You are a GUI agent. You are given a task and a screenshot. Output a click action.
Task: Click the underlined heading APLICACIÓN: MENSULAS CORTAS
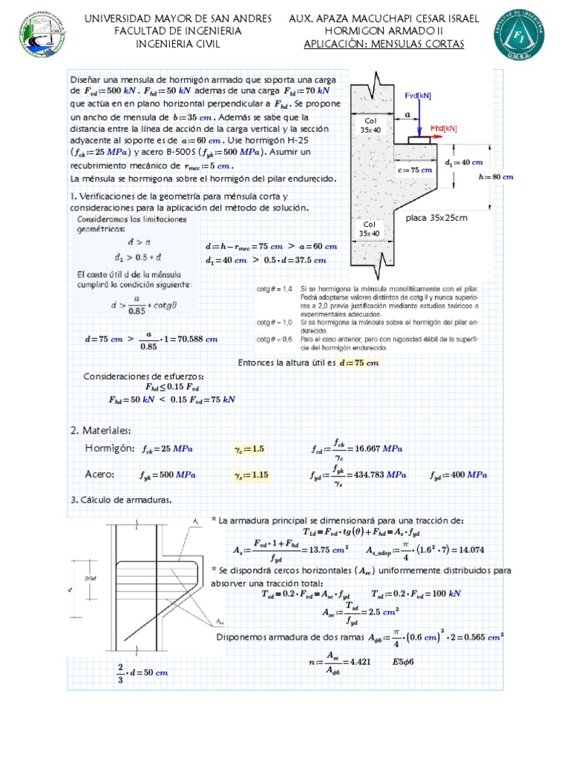pos(384,44)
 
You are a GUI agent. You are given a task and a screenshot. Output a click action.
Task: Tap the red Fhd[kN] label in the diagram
pos(444,127)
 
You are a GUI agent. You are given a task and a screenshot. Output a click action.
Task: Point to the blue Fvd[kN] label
pos(419,96)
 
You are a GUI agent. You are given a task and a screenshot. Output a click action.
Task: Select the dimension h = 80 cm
pos(497,176)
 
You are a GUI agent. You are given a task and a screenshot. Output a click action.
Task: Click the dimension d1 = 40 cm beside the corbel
pos(463,162)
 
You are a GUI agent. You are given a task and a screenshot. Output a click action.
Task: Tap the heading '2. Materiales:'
pos(100,431)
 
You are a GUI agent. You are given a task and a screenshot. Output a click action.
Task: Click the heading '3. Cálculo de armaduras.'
pos(121,500)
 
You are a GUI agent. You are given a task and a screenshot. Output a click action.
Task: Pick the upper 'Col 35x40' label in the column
pos(370,125)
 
